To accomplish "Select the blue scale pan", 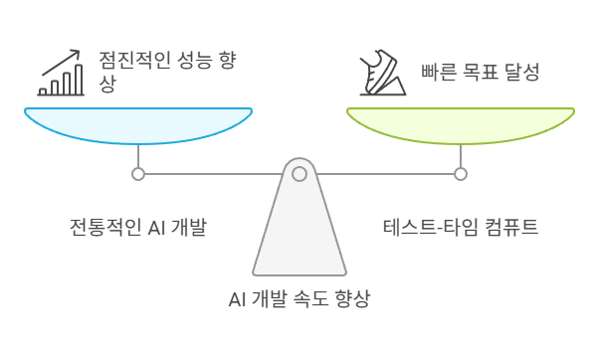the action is pyautogui.click(x=139, y=123).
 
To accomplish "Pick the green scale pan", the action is pyautogui.click(x=461, y=123).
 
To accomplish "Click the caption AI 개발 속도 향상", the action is pyautogui.click(x=299, y=299).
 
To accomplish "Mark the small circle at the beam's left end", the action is pyautogui.click(x=138, y=174).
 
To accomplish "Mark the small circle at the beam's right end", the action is pyautogui.click(x=461, y=174).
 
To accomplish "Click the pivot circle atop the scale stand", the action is pyautogui.click(x=299, y=173).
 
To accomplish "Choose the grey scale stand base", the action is pyautogui.click(x=299, y=239).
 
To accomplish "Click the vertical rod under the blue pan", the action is pyautogui.click(x=139, y=157).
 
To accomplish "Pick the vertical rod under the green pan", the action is pyautogui.click(x=461, y=157).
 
